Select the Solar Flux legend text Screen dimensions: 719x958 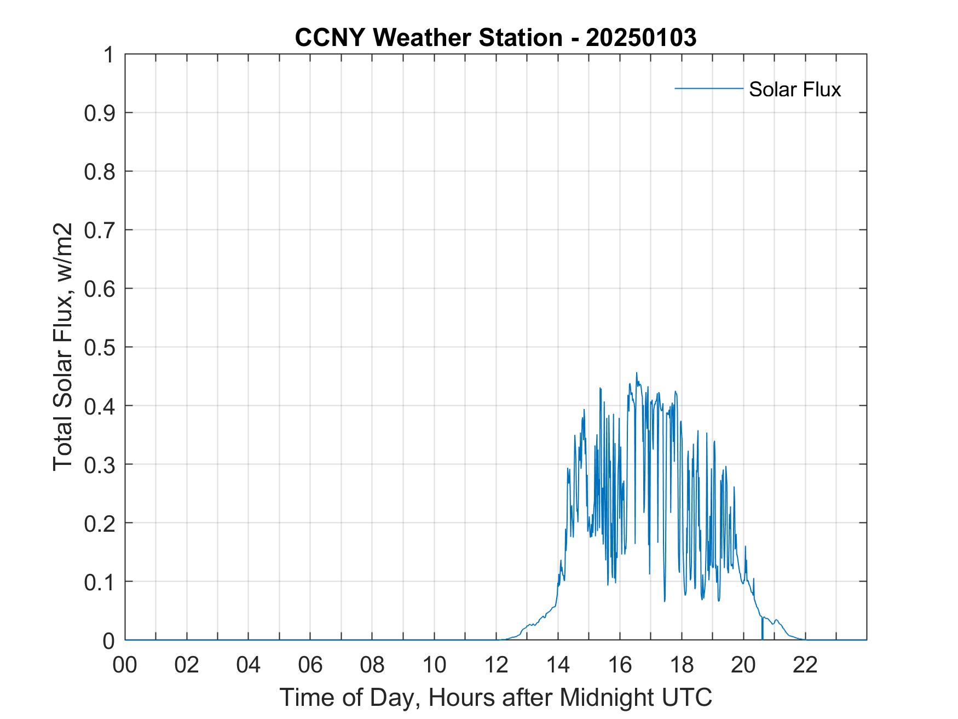tap(794, 89)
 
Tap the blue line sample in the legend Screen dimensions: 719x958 tap(708, 88)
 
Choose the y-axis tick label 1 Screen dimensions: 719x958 tap(109, 55)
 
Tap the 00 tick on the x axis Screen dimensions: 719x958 tap(125, 665)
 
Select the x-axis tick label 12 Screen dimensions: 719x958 tap(496, 665)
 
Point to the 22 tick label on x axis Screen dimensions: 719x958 tap(805, 665)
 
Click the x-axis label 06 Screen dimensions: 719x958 tap(310, 665)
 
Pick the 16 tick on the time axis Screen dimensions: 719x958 tap(620, 665)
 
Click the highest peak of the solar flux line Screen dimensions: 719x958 tap(636, 373)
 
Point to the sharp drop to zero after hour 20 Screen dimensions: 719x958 tap(762, 630)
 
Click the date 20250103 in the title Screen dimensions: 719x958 tap(641, 38)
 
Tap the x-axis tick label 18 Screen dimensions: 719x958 tap(682, 665)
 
